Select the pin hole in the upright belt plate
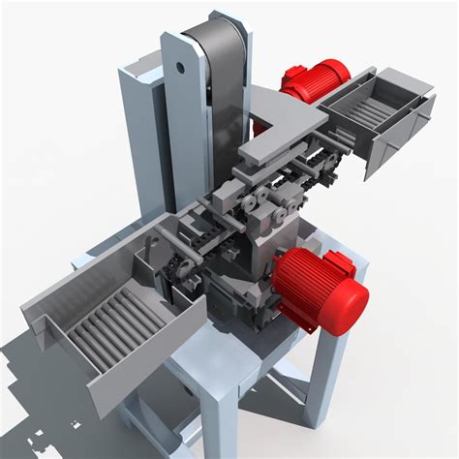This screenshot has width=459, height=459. coord(180,67)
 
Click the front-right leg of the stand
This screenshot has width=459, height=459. coord(324,387)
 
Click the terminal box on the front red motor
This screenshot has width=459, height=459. coord(339,262)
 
